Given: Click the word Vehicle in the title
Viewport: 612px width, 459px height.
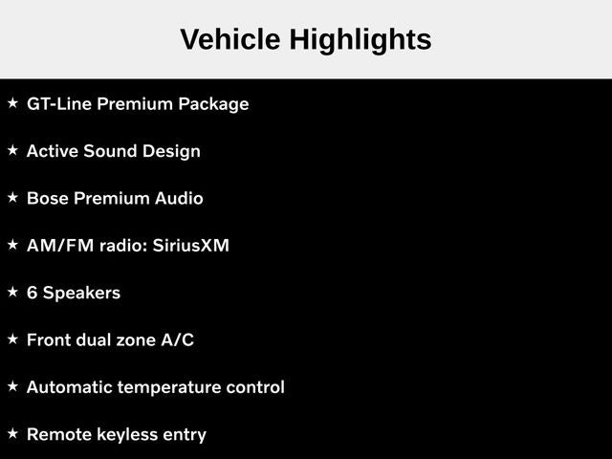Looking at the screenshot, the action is coord(230,39).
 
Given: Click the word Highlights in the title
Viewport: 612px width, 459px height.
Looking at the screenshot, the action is coord(361,41).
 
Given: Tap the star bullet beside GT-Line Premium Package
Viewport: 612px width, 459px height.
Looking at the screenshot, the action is coord(12,103).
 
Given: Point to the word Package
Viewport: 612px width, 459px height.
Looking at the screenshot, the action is coord(213,104).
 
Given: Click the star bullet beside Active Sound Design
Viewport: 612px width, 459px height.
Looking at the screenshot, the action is coord(12,150).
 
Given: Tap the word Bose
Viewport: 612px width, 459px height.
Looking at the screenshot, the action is coord(48,198).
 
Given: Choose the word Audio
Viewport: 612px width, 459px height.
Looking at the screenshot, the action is coord(179,198).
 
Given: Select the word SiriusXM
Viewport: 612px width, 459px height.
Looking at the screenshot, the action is coord(191,246).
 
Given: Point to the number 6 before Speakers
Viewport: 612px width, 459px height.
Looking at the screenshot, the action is coord(32,293).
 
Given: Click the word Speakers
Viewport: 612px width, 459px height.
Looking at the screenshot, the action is coord(81,294).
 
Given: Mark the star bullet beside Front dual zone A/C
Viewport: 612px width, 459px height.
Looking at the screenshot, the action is coord(12,339).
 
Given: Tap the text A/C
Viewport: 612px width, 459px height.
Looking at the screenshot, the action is coord(178,340).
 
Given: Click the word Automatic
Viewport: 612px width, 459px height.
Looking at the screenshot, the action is coord(69,387).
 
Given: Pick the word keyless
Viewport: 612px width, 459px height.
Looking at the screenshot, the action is coord(127,435).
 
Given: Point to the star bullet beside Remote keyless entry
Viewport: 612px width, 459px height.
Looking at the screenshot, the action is coord(12,433).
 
